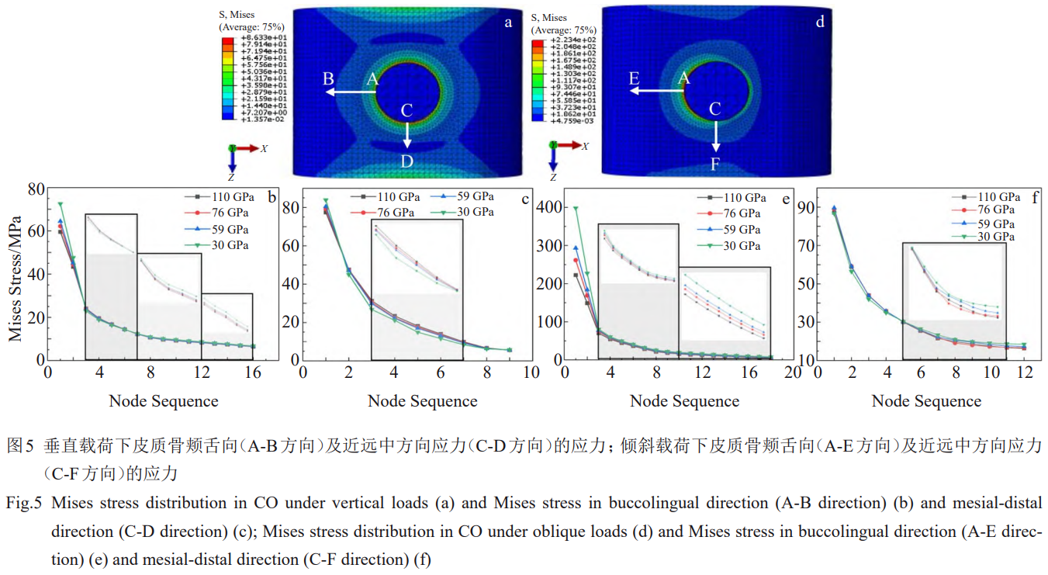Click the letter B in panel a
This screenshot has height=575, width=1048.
328,79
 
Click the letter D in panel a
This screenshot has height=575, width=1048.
406,161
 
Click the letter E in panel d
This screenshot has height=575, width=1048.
634,78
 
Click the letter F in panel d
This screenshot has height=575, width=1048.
716,164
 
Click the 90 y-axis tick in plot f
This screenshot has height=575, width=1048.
804,207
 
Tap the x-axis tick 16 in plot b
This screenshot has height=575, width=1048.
253,372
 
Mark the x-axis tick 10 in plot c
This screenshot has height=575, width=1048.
531,372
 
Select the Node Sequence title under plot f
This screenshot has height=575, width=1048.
926,401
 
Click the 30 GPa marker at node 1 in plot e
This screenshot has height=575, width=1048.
576,208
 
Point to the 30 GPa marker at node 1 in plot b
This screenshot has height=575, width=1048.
61,205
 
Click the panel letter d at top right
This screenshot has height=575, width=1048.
820,22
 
